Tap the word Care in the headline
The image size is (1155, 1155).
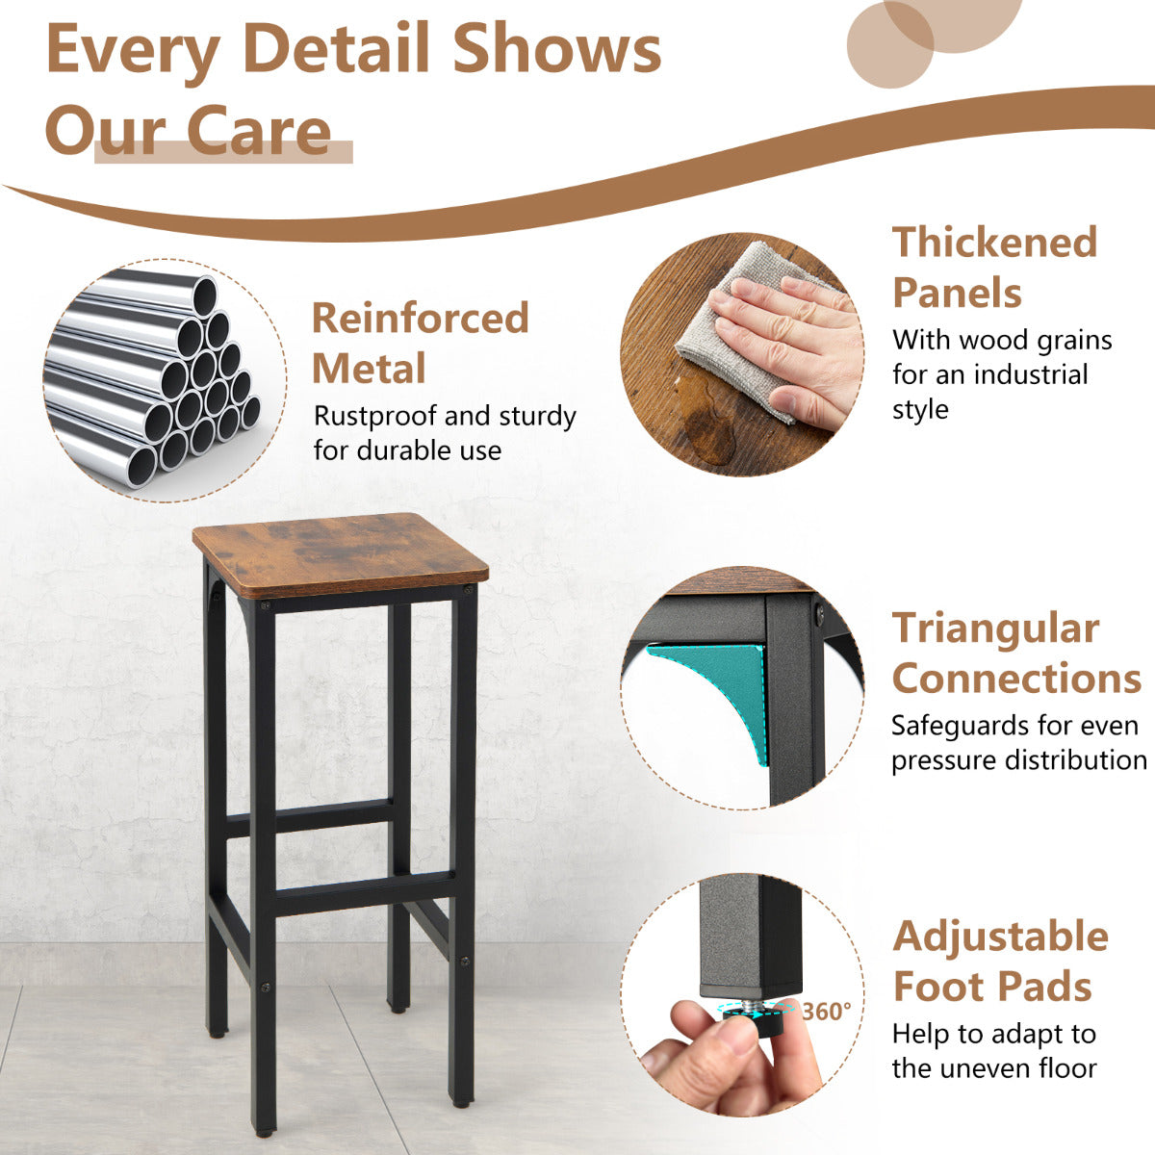[258, 131]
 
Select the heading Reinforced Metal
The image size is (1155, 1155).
[421, 343]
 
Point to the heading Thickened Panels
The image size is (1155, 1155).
[994, 268]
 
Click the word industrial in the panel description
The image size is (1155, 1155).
[1030, 375]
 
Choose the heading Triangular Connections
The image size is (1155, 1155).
[1016, 654]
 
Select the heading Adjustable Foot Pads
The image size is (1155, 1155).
[1000, 962]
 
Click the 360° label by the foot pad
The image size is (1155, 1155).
[827, 1012]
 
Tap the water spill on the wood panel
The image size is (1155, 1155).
[707, 425]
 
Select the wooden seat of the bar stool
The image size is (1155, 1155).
[340, 553]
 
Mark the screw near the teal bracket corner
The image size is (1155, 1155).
[819, 614]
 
